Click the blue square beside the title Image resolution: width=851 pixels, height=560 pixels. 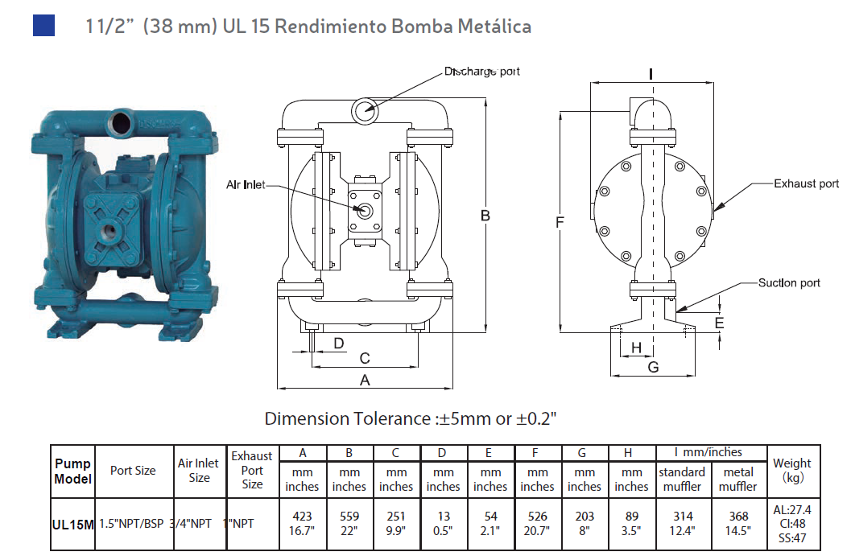tap(43, 25)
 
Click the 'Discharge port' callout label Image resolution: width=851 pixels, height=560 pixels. tap(482, 72)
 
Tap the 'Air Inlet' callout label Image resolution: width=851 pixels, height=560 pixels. tap(246, 185)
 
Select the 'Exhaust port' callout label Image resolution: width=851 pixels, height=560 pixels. tap(806, 183)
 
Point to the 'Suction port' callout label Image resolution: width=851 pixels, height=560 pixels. tap(789, 282)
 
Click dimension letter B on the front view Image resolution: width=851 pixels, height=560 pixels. tap(485, 216)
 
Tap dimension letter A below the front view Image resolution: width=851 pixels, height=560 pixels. tap(365, 381)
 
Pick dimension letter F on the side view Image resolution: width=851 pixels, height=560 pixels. tap(560, 222)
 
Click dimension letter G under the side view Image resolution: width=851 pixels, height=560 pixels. tap(653, 367)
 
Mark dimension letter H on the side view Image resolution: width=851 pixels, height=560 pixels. tap(636, 348)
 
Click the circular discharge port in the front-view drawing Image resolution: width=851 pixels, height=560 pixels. tap(365, 109)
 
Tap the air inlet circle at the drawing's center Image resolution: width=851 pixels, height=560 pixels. tap(365, 211)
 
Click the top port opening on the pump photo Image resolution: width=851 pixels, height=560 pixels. tap(122, 121)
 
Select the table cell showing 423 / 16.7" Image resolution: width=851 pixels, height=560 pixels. tap(302, 523)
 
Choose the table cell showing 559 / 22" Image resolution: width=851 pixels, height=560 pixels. tap(349, 523)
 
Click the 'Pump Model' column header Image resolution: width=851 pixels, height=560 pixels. tap(73, 471)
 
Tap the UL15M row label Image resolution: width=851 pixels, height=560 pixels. tap(73, 524)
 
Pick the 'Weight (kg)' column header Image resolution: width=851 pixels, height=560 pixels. tap(792, 471)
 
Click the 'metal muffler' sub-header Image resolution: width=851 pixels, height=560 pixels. tap(738, 479)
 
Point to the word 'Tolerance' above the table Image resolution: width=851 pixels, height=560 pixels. tap(393, 419)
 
